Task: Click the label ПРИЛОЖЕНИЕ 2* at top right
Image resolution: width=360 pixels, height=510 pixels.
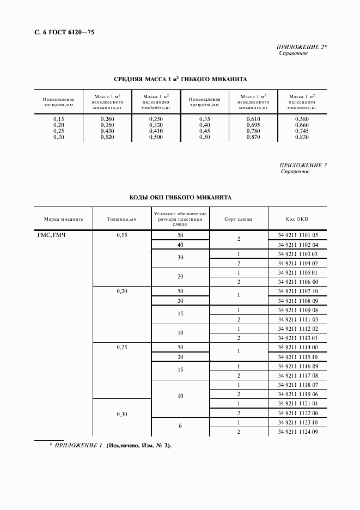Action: point(302,47)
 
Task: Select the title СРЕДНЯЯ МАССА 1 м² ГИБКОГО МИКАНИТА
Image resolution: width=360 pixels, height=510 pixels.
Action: point(180,79)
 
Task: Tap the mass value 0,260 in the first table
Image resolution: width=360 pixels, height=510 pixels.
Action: point(108,118)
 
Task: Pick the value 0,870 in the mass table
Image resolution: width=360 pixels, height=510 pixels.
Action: point(252,137)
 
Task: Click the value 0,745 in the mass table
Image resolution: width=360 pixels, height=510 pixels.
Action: point(302,131)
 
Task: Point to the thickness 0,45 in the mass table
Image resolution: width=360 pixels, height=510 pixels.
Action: point(204,131)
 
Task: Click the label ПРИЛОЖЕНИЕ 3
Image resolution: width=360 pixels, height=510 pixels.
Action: point(303,165)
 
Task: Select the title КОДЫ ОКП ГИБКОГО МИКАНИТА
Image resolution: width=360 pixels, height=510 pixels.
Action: point(180,197)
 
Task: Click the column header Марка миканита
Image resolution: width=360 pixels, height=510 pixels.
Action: point(63,219)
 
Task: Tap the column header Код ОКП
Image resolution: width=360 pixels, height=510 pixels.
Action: point(297,219)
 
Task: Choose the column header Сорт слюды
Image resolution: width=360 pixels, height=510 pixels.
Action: point(239,219)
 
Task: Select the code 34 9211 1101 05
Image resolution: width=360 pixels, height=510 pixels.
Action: point(297,235)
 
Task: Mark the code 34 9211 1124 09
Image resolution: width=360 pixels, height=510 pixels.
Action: point(297,432)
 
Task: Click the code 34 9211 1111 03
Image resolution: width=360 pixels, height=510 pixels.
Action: point(297,319)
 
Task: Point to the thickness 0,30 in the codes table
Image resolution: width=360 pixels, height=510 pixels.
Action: point(121,415)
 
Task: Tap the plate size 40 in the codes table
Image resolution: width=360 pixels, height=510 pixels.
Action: point(180,245)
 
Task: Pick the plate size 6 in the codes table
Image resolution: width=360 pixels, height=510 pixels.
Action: point(180,427)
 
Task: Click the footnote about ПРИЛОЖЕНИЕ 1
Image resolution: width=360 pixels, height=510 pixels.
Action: point(110,446)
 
